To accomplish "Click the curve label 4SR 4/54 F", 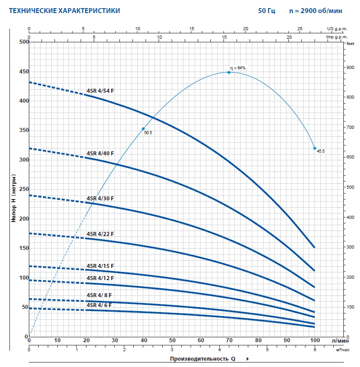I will (100, 91).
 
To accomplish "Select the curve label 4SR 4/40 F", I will (100, 154).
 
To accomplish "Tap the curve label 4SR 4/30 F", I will (100, 198).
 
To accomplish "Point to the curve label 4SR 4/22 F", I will (100, 234).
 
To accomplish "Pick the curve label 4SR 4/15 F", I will (100, 266).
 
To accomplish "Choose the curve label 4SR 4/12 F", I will (100, 278).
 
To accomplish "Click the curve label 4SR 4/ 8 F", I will (99, 295).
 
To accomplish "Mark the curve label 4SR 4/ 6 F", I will (99, 305).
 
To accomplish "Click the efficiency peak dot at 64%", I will (229, 72).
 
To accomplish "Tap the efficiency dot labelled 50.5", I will (143, 129).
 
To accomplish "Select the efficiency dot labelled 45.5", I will (315, 148).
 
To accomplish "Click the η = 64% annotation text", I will (238, 68).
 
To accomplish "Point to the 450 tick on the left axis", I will (23, 72).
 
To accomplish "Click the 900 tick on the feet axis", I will (350, 68).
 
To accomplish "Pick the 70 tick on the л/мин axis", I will (229, 341).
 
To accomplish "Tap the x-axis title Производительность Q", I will (203, 359).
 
